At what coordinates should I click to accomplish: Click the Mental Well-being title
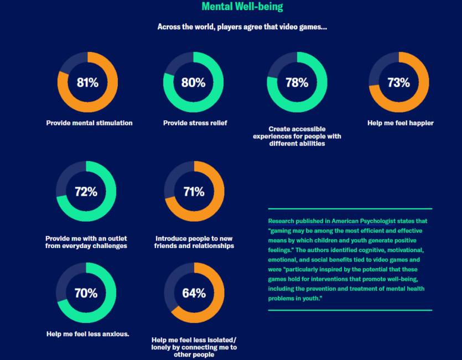pyautogui.click(x=242, y=7)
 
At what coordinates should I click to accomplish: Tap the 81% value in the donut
pyautogui.click(x=87, y=83)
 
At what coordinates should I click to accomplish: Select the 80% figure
pyautogui.click(x=193, y=83)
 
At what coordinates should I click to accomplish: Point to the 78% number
pyautogui.click(x=297, y=83)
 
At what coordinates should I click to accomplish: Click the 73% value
pyautogui.click(x=398, y=83)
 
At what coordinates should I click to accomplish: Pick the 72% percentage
pyautogui.click(x=86, y=192)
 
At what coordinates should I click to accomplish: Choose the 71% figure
pyautogui.click(x=194, y=192)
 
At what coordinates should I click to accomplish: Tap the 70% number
pyautogui.click(x=86, y=293)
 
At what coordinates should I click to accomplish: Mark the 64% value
pyautogui.click(x=194, y=293)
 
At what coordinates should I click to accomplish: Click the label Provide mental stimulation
pyautogui.click(x=89, y=123)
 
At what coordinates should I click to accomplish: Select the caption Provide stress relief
pyautogui.click(x=195, y=123)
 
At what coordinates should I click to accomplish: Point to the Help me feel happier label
pyautogui.click(x=400, y=123)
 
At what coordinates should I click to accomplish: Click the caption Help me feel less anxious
pyautogui.click(x=88, y=334)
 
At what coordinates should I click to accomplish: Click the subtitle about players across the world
pyautogui.click(x=242, y=27)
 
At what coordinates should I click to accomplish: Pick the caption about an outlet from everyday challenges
pyautogui.click(x=86, y=242)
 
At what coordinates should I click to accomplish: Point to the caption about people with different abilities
pyautogui.click(x=297, y=136)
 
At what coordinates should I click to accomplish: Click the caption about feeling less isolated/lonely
pyautogui.click(x=194, y=347)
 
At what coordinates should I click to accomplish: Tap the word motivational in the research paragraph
pyautogui.click(x=396, y=250)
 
